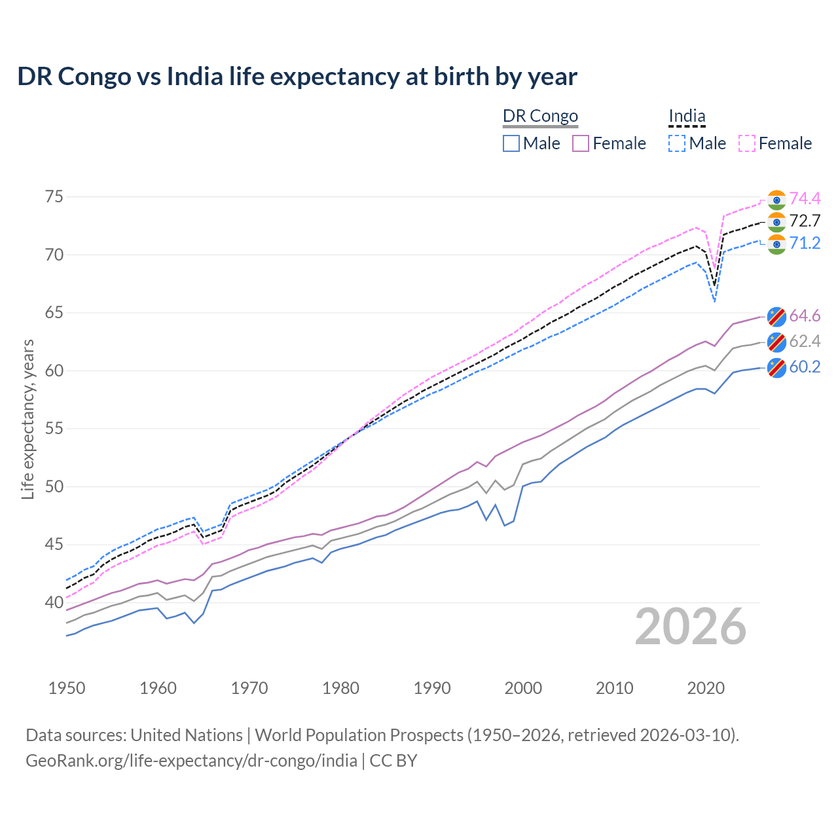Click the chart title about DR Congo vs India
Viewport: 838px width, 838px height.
click(297, 77)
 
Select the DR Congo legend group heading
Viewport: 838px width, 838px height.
click(540, 117)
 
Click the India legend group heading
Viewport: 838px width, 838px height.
click(687, 117)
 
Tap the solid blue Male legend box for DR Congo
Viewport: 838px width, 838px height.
click(511, 143)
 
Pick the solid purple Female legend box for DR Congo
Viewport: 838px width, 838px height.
click(581, 143)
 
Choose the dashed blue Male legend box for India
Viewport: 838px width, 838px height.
click(677, 143)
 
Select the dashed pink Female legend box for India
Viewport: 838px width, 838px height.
click(747, 143)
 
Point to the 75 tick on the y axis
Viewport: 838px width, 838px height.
click(54, 197)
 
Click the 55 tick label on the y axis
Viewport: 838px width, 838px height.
click(54, 429)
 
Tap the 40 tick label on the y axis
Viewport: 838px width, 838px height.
click(54, 602)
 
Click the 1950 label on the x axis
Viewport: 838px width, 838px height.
click(67, 688)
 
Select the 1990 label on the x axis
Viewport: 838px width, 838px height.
click(432, 688)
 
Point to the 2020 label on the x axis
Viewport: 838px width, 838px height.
click(706, 688)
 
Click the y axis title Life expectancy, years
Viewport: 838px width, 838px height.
click(27, 419)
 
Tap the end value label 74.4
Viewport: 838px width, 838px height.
click(805, 199)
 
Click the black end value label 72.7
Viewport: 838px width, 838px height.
click(805, 221)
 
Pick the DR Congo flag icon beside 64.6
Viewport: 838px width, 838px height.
click(776, 316)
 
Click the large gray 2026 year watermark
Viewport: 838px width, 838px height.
click(691, 627)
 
